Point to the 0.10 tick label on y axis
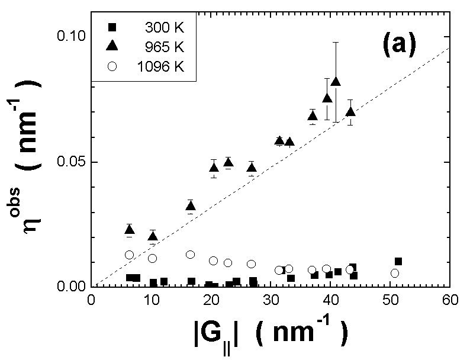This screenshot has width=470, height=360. (x=69, y=37)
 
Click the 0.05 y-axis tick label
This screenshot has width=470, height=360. (x=69, y=162)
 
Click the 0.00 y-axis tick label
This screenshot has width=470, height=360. (x=69, y=287)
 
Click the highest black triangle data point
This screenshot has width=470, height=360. (x=336, y=81)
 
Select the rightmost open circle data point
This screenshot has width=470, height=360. (x=395, y=273)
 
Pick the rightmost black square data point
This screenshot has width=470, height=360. (x=398, y=261)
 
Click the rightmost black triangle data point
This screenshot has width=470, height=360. (x=350, y=111)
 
